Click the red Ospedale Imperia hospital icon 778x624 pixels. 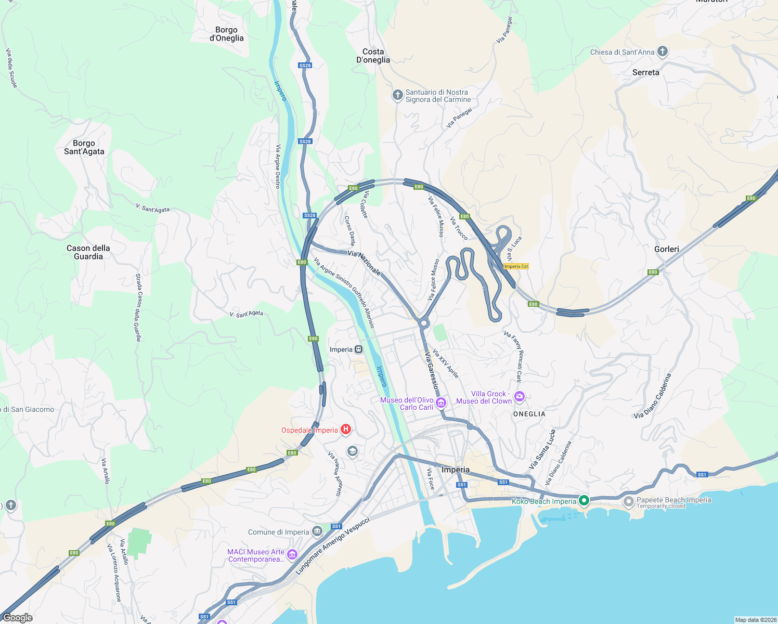coord(346,430)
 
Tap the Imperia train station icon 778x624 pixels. coord(359,349)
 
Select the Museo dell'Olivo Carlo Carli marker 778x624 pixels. coord(441,402)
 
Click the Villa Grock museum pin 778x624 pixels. coord(519,397)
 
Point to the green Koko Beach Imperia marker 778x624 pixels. coord(584,501)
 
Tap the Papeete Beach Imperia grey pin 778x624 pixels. coord(628,502)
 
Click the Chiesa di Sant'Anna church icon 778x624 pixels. coord(662,51)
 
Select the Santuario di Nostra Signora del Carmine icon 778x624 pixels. coord(397,95)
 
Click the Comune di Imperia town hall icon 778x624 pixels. coord(317,531)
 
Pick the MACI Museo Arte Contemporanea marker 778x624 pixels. coord(292,555)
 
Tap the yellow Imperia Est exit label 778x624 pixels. coord(516,266)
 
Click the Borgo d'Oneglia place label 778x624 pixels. coord(226,34)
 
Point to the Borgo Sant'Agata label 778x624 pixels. coord(84,147)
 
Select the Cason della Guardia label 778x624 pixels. coord(88,252)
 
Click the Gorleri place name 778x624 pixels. coord(666,249)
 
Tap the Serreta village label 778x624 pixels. coord(645,72)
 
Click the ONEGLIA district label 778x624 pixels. coord(529,414)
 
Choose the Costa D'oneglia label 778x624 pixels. coord(373,56)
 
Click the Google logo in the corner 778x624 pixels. coord(18,617)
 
